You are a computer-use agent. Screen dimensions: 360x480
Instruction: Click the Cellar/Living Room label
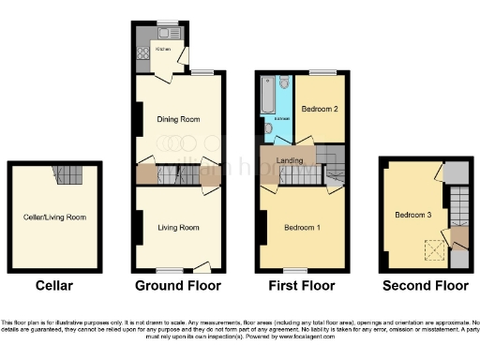tap(54, 217)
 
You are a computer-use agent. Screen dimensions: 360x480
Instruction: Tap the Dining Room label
tap(178, 119)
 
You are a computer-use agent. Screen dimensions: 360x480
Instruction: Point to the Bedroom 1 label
tap(303, 228)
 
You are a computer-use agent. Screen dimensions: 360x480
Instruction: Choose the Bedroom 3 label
tap(412, 215)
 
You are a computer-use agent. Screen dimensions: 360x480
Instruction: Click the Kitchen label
tap(163, 47)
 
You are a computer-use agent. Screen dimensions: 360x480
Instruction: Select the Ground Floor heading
tap(179, 285)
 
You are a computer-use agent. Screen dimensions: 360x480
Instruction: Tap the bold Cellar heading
tap(53, 285)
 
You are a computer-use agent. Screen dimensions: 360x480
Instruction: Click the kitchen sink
tap(141, 36)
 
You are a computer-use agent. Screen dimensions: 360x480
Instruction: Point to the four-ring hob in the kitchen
tap(142, 54)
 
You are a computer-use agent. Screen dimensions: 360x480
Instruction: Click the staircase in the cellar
tap(68, 174)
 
